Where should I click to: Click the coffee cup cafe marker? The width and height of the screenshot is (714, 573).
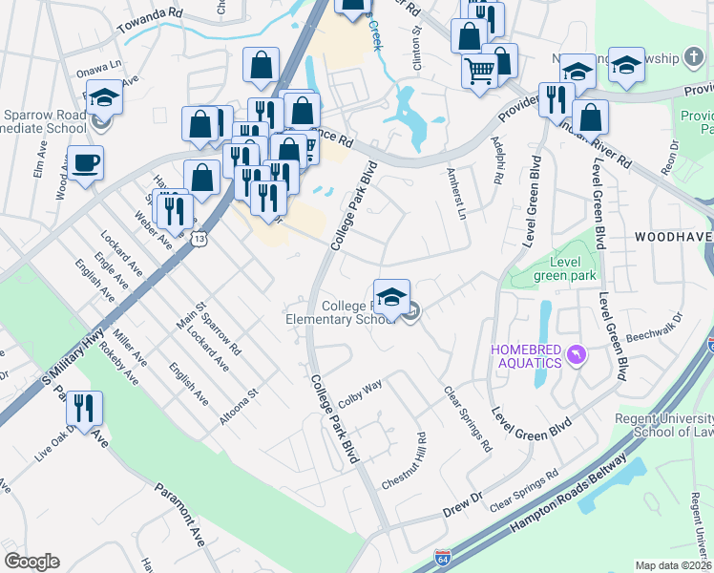coord(85,162)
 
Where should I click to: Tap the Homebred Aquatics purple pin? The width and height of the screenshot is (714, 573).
coord(575,355)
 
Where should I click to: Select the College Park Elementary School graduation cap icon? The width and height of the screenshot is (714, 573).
coord(391,297)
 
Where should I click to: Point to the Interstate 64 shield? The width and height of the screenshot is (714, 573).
coord(442,556)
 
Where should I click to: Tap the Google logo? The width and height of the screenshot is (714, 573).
coord(31,561)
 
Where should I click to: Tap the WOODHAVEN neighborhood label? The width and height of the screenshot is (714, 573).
coord(672,234)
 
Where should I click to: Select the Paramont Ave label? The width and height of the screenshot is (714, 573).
coord(181,514)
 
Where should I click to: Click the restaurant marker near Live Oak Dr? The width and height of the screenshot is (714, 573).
coord(84,409)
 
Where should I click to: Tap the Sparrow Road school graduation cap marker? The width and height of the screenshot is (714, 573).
coord(104,96)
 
